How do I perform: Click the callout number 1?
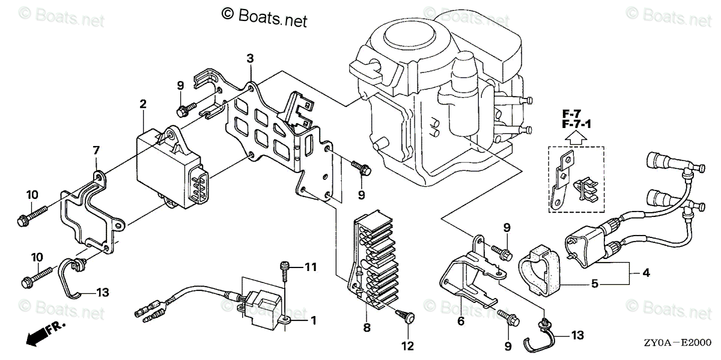pos(313,320)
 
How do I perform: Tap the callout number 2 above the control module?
pos(143,104)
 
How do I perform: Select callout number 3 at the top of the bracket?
pos(250,58)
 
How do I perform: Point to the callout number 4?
pos(646,272)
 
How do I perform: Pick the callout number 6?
pos(461,321)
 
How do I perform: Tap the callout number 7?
pos(95,150)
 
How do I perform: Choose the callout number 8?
pos(367,328)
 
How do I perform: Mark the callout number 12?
pos(408,346)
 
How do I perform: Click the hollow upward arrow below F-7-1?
pos(575,138)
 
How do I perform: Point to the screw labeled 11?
pos(285,271)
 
